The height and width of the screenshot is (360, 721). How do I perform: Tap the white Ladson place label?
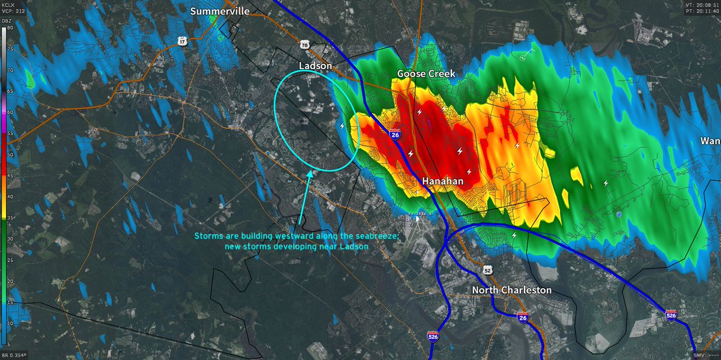pos(315,65)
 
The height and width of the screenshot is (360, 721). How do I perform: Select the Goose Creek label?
pos(426,73)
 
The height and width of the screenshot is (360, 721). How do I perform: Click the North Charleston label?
pos(511,290)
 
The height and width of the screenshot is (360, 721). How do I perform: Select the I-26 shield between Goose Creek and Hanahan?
pos(395,135)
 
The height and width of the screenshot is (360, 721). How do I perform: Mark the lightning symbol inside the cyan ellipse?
pos(343,126)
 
